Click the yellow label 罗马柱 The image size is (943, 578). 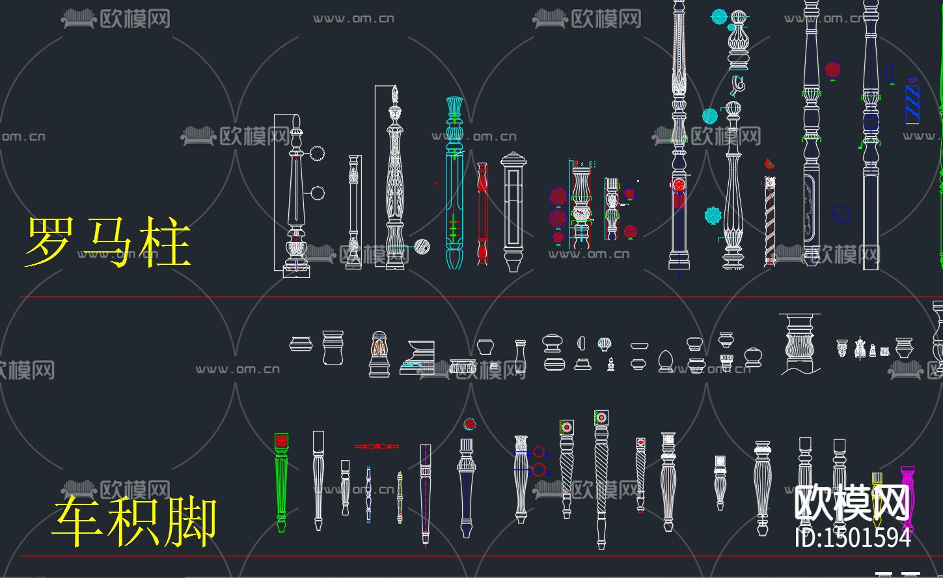108,243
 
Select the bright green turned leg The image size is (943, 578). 281,482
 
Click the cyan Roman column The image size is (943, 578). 454,182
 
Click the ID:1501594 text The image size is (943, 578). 853,538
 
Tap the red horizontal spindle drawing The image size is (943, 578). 377,447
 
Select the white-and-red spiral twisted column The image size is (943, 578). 770,221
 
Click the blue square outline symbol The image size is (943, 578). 841,214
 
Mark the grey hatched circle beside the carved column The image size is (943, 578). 422,247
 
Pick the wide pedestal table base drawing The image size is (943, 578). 799,343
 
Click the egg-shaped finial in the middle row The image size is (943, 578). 665,361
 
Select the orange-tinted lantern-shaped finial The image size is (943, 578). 379,354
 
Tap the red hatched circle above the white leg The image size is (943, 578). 470,424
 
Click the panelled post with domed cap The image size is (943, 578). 513,212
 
